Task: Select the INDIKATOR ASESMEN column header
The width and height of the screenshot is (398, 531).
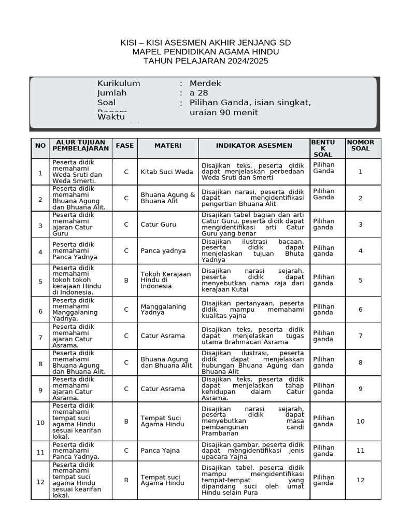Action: tap(254, 146)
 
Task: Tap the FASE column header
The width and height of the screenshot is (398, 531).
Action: tap(124, 146)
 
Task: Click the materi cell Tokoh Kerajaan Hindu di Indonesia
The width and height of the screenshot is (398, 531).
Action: tap(166, 280)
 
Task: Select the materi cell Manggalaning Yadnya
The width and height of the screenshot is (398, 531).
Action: tap(163, 310)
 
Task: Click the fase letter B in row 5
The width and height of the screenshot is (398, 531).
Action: tap(126, 280)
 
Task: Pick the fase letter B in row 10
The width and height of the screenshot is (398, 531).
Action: tap(126, 421)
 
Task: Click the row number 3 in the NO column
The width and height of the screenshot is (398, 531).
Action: tap(40, 225)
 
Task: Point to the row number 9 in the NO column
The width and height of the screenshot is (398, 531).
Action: tap(40, 388)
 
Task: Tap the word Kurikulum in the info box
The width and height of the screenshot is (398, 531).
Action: tap(119, 83)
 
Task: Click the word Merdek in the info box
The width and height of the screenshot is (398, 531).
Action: tap(205, 83)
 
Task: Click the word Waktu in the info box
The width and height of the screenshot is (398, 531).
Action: tap(111, 117)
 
